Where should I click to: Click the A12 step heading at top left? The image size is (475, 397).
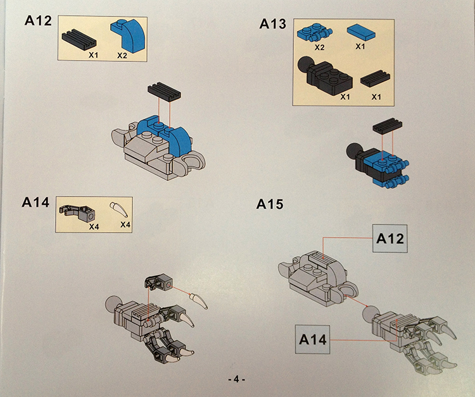coord(38,21)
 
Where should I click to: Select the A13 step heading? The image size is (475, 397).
coord(272,23)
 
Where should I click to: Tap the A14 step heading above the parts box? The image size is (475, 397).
coord(35,202)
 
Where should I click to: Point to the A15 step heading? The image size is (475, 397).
coord(270,204)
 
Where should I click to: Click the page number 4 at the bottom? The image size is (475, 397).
coord(237,379)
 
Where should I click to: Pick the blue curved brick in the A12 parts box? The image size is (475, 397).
coord(129,35)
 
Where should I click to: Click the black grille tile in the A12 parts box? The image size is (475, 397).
coord(79,40)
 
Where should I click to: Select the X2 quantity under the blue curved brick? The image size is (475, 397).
coord(122,56)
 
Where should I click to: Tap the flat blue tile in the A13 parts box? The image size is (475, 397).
coord(361,33)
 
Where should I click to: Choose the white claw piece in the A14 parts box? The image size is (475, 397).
coord(119,210)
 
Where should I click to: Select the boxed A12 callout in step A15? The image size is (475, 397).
coord(390,238)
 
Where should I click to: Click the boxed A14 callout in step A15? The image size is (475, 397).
coord(313,339)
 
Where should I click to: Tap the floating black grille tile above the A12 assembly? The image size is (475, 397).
coord(164,92)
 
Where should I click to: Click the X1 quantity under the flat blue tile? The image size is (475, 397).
coord(360,47)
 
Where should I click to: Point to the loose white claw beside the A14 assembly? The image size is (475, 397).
coord(199,300)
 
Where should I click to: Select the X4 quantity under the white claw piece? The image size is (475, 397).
coord(125,224)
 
